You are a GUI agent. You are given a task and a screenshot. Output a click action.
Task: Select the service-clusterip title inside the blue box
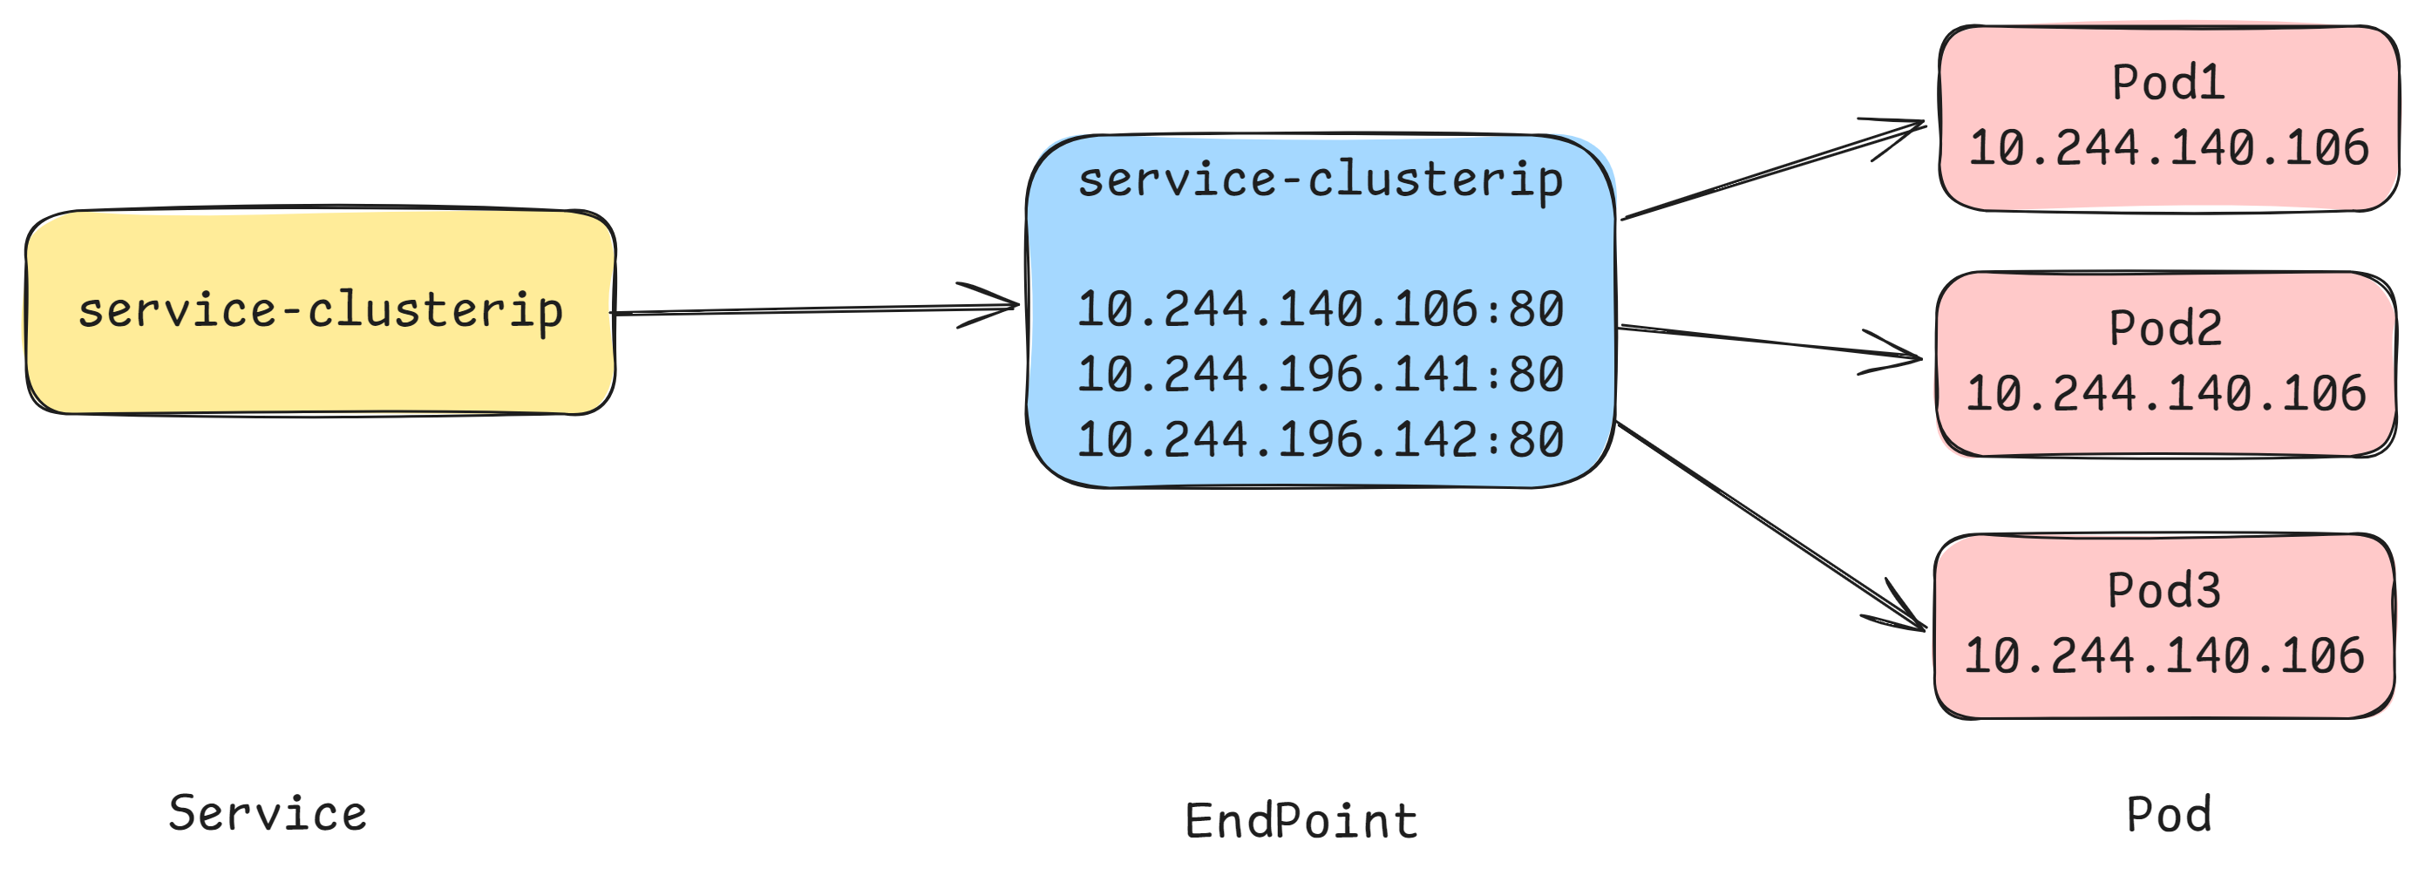(1320, 180)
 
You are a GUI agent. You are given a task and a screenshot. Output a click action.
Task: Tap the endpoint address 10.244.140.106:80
(1320, 309)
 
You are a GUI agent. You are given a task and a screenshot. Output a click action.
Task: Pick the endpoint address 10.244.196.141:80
(1320, 375)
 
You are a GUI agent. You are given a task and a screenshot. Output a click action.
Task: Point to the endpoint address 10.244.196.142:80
(1320, 439)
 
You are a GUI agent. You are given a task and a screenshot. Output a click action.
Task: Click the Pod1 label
(2168, 83)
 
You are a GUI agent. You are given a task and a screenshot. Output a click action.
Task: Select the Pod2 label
(2165, 329)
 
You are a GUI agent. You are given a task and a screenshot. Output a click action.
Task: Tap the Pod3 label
(2163, 591)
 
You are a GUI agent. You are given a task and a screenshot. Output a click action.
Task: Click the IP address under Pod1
(2168, 148)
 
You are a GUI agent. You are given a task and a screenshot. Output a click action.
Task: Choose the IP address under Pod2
(2165, 393)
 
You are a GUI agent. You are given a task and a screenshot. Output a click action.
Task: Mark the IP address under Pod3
(2163, 656)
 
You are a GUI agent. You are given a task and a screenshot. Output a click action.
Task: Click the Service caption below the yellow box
(268, 814)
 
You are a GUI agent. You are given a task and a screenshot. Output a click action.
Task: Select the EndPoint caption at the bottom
(1301, 822)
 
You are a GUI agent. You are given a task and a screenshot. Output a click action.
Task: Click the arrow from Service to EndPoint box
(810, 309)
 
